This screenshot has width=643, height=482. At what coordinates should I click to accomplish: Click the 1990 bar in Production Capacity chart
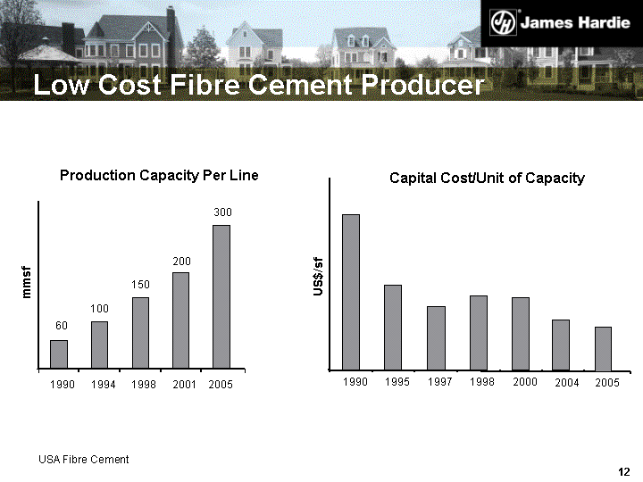click(59, 353)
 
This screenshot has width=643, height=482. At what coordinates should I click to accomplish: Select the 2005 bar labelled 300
click(221, 295)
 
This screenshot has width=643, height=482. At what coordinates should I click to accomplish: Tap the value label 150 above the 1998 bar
click(141, 284)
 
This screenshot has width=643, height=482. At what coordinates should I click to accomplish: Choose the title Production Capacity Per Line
click(159, 176)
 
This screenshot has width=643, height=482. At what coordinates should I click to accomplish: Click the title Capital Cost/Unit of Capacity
click(487, 179)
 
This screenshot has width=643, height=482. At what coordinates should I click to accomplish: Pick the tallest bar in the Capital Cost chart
click(351, 292)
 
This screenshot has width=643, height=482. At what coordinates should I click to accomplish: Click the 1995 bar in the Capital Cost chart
click(393, 327)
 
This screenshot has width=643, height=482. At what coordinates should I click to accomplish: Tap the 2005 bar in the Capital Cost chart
click(603, 348)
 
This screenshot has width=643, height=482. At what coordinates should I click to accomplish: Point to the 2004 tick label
click(566, 383)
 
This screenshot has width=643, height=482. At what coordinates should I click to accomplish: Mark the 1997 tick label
click(439, 382)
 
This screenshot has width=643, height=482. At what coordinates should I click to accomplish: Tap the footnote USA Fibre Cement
click(84, 460)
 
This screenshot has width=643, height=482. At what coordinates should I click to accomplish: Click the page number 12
click(624, 472)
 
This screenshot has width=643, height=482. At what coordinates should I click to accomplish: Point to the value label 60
click(62, 326)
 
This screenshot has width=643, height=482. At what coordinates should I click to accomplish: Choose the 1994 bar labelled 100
click(100, 345)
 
